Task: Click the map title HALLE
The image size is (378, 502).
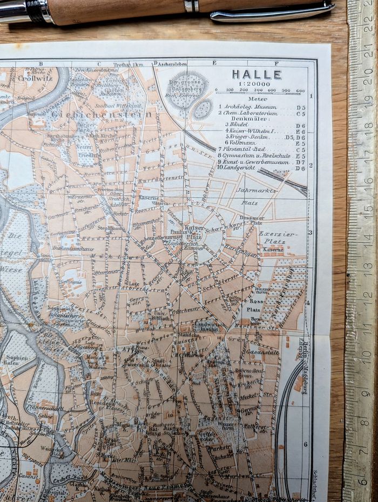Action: tap(256, 75)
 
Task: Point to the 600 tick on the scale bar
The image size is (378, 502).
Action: tap(300, 91)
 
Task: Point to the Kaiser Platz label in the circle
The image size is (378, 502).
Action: tap(194, 232)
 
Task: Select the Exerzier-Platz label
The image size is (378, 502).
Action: tap(272, 238)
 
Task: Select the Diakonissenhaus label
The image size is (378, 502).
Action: tap(74, 248)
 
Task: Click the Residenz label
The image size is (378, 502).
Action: tap(102, 403)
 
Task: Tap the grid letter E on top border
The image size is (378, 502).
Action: tap(214, 63)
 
